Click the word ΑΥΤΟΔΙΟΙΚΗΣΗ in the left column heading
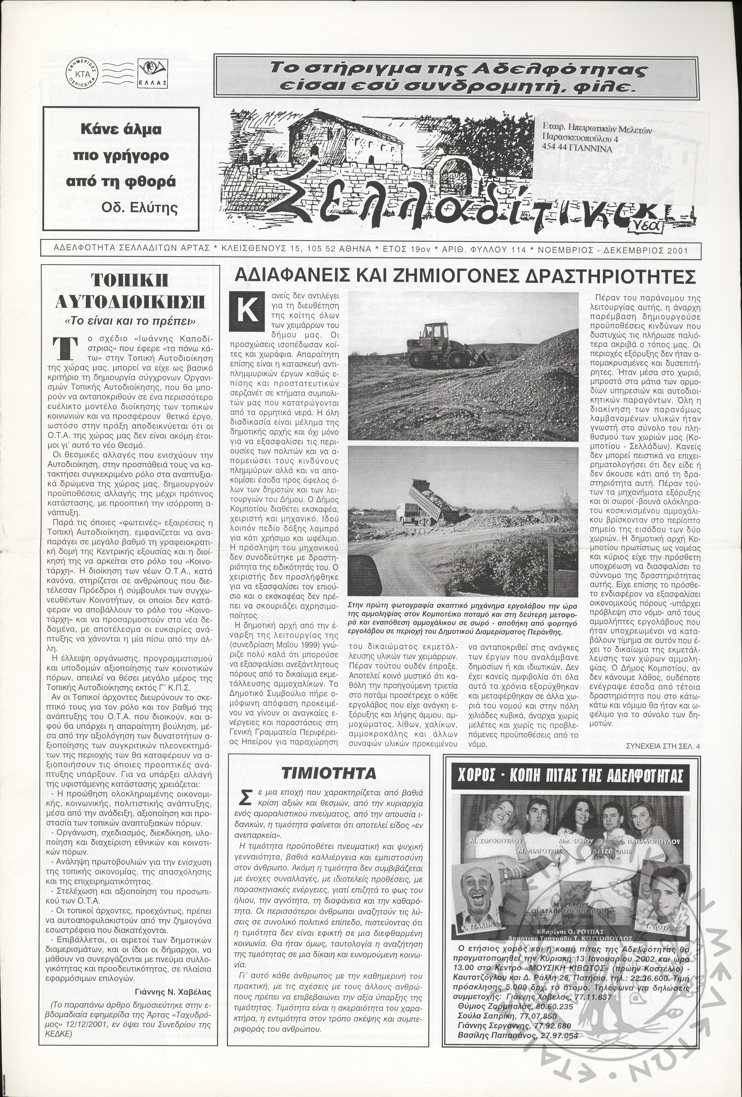130,302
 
